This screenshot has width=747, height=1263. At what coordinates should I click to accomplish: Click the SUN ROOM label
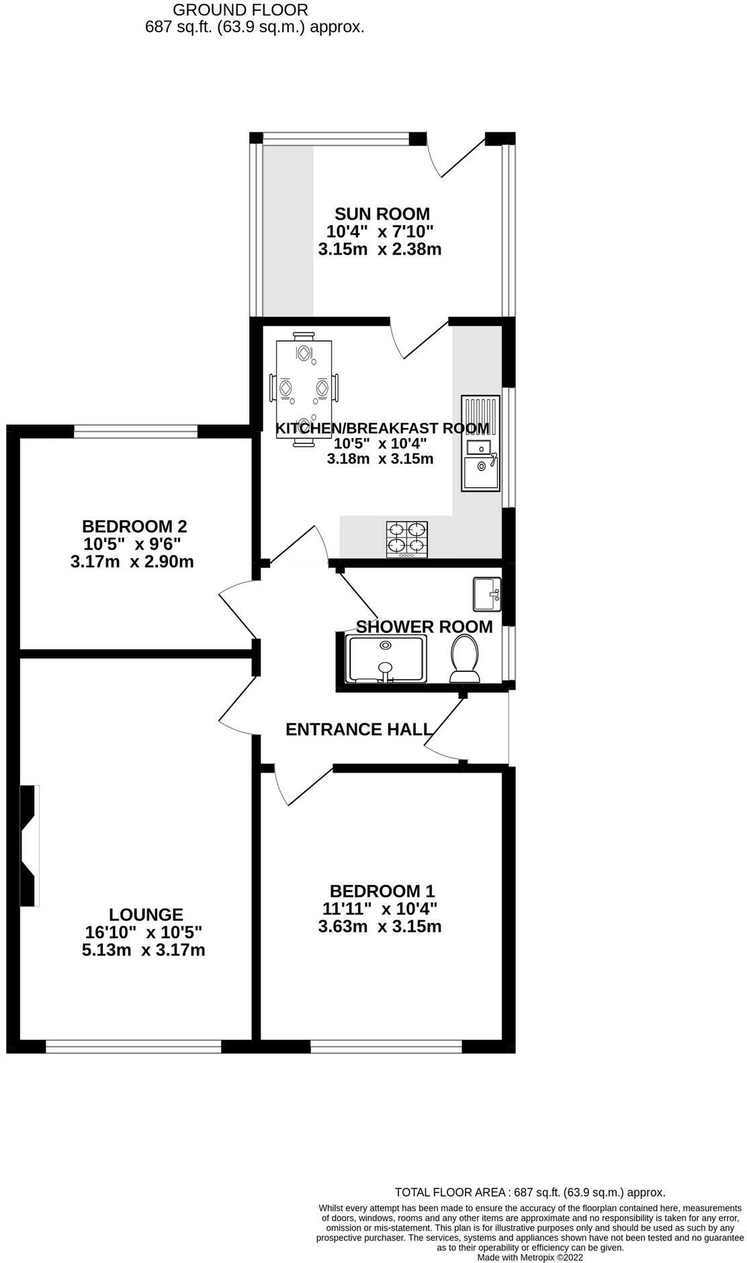(382, 214)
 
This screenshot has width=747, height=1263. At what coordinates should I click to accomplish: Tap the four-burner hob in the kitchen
(407, 539)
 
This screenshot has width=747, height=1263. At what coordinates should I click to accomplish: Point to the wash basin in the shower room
(487, 594)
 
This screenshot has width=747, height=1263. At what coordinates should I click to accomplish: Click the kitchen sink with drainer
(480, 443)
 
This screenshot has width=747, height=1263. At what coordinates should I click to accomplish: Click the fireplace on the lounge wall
(29, 846)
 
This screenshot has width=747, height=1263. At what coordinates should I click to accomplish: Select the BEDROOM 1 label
(382, 891)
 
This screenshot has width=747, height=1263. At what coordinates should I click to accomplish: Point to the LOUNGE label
(146, 914)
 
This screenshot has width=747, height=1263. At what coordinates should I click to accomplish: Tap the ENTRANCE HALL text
(358, 730)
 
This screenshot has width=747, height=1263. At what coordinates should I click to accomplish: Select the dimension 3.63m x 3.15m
(380, 927)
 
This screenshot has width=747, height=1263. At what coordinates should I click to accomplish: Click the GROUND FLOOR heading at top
(240, 10)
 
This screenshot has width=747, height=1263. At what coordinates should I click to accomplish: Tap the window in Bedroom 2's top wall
(136, 431)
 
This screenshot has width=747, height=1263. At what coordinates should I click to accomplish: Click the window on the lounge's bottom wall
(133, 1046)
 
